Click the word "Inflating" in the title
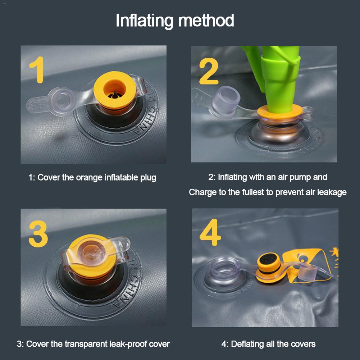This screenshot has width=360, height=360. tap(145, 21)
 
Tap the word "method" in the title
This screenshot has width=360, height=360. tap(206, 20)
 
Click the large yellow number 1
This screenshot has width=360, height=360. tap(37, 69)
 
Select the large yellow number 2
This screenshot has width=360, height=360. tap(209, 71)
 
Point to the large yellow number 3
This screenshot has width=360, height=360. tap(38, 234)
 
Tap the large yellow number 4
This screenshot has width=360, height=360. tap(210, 232)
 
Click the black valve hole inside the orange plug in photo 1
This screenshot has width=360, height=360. tap(115, 95)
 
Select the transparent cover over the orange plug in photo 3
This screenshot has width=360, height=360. tap(95, 253)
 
